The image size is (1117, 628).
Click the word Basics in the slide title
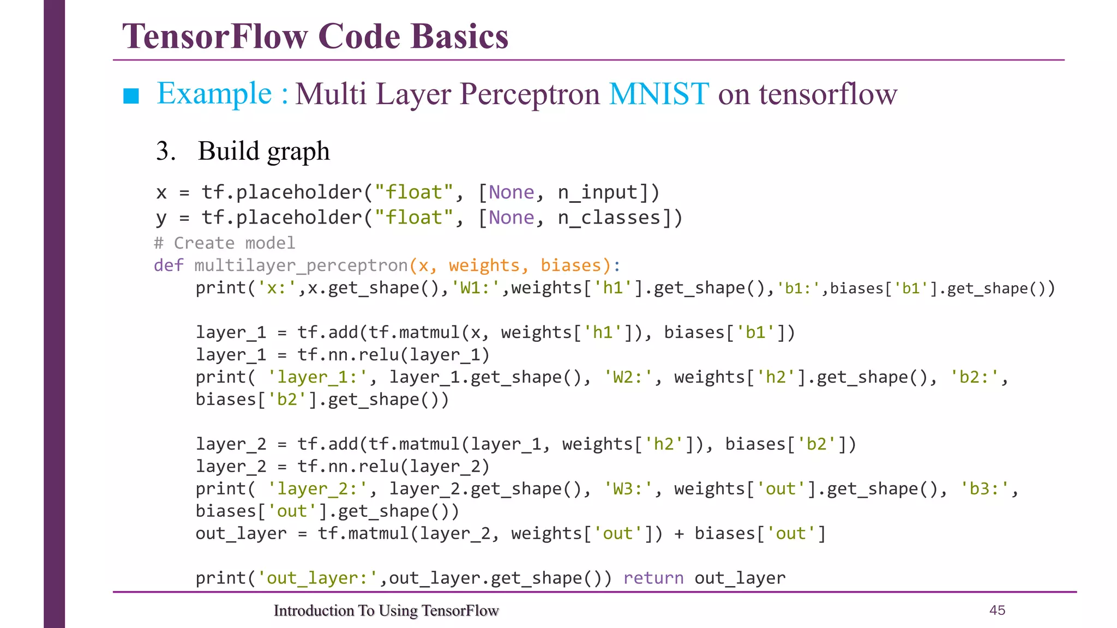pos(459,37)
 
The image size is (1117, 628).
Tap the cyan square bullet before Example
pos(131,96)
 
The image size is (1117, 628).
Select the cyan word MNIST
pos(659,94)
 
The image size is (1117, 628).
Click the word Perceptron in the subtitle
pos(529,94)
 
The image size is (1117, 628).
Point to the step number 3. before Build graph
pos(165,151)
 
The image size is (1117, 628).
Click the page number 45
pos(997,610)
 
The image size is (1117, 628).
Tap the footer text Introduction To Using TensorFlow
pos(386,611)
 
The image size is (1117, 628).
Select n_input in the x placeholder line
pos(597,192)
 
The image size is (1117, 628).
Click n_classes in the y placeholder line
pos(609,218)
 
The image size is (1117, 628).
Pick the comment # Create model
pos(225,243)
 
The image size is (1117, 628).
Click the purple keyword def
pos(169,265)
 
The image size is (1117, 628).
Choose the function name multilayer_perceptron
pos(301,265)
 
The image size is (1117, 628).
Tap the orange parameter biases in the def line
pos(570,265)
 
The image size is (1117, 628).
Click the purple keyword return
pos(653,578)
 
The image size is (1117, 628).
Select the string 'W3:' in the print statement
pos(628,489)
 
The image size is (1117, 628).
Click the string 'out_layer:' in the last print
pos(318,578)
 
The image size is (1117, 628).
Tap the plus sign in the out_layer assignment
pos(679,534)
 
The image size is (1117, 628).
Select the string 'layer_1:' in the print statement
pos(318,377)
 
